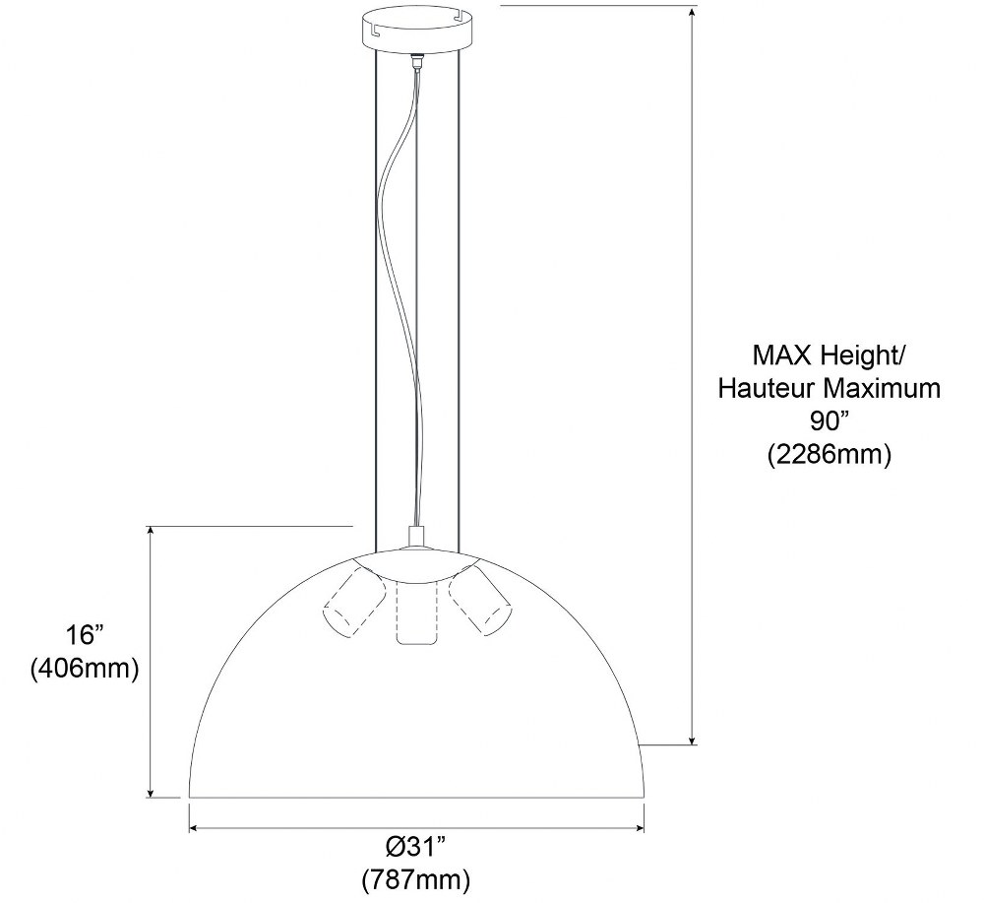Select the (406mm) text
point(85,669)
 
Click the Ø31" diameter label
point(416,847)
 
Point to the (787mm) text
point(416,879)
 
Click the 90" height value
point(829,420)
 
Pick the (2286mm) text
point(829,455)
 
